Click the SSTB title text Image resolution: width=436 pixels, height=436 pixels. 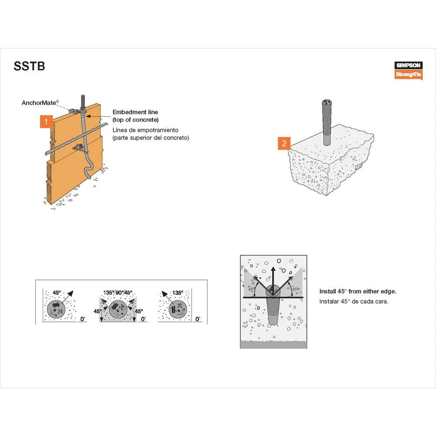(x=30, y=67)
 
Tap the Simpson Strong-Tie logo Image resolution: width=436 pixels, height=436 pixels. (x=409, y=70)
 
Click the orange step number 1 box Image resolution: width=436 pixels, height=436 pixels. (x=46, y=121)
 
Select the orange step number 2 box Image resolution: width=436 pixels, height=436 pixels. (x=284, y=143)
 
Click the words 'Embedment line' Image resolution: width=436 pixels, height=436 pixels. (x=135, y=112)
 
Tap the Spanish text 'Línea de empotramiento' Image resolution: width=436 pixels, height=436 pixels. (x=145, y=130)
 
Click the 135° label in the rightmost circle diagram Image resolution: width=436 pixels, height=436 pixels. (x=177, y=293)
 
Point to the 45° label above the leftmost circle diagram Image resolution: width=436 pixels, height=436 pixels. (x=57, y=293)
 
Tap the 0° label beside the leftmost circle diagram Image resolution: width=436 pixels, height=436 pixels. (x=83, y=319)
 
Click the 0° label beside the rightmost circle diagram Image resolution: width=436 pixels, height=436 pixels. (x=198, y=319)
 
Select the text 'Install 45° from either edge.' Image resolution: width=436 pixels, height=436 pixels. (x=358, y=291)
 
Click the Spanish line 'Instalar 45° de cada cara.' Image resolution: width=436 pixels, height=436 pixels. (x=353, y=301)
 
